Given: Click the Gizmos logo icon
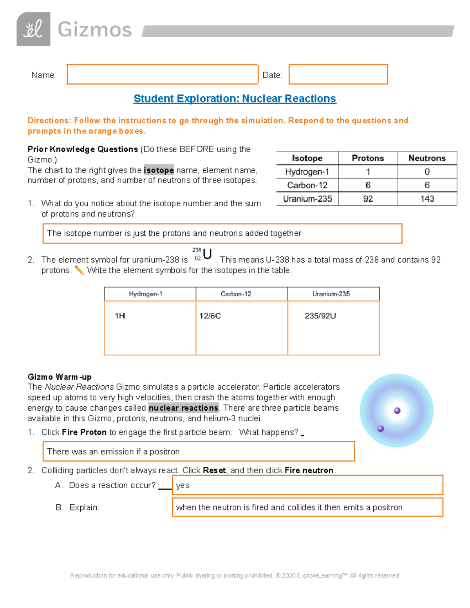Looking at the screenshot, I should (33, 29).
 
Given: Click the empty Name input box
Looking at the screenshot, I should (162, 74).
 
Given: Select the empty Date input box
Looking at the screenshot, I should (338, 74).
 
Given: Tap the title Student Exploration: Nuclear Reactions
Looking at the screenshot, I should (235, 99).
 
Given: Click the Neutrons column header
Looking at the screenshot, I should (427, 158).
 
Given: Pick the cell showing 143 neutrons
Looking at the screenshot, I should (427, 199).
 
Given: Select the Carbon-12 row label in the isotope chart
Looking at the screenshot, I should (307, 185).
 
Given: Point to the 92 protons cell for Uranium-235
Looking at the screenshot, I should (368, 199).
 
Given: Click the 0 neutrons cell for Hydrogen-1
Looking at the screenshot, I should (427, 172).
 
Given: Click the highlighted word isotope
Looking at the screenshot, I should (159, 170).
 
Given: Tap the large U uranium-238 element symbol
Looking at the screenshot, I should (207, 254).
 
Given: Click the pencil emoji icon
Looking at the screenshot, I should (79, 270).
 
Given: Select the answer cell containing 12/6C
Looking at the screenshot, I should (242, 328).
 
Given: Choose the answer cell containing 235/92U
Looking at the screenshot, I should (333, 328).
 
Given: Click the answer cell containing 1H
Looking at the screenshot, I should (150, 328).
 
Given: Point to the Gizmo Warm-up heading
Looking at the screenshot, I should (60, 377).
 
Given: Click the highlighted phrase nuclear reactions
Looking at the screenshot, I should (183, 408).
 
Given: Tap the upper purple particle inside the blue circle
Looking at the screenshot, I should (397, 411).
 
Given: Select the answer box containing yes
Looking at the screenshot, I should (307, 485).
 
